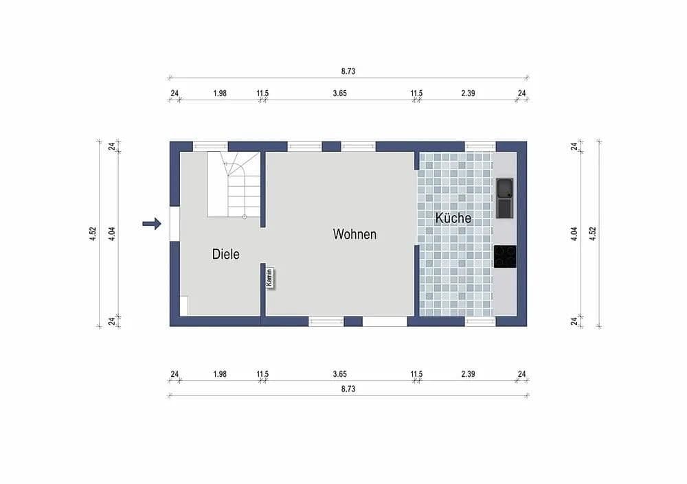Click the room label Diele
pos(226,254)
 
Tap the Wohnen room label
pos(354,234)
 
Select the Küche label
pos(453,218)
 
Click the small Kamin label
pos(271,277)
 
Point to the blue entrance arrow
pos(151,223)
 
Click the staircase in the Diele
pos(234,184)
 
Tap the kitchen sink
pos(505,198)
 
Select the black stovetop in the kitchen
pos(505,256)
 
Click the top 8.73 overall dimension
pos(348,71)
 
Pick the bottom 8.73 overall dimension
pos(348,389)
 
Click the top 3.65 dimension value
pos(339,93)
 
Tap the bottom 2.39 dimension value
pos(468,374)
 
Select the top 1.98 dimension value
pos(220,93)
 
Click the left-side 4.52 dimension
pos(92,233)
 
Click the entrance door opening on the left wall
pos(174,224)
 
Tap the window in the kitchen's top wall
pos(480,146)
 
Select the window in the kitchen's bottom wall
pos(480,321)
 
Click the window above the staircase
pos(210,146)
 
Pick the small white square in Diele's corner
pos(184,306)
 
